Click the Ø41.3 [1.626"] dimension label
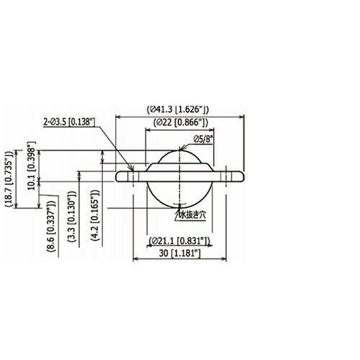(178, 109)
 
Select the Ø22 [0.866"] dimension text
(181, 122)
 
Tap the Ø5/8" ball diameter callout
(203, 139)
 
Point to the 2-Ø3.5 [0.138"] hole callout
(69, 122)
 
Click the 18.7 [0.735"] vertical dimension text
(9, 179)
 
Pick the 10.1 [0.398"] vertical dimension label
(32, 166)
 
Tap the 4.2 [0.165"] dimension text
(94, 215)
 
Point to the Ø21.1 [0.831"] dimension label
(179, 240)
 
